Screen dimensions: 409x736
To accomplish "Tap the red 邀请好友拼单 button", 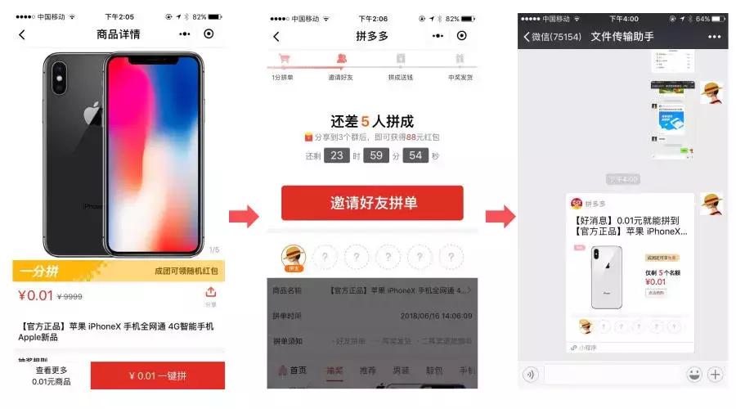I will point(372,203).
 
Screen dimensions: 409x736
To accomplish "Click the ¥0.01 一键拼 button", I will point(158,376).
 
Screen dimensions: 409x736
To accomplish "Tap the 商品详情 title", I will point(118,34).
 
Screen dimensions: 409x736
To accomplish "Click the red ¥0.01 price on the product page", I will point(35,295).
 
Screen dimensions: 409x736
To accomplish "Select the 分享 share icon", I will point(210,295).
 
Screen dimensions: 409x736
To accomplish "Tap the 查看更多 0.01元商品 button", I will point(51,376).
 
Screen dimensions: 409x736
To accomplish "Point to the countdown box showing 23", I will point(336,155).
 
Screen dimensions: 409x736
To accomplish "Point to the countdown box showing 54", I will point(415,155).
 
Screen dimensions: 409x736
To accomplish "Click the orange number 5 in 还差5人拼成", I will point(365,121).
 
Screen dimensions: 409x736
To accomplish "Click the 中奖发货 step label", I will point(460,77).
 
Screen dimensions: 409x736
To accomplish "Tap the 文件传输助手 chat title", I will point(625,37).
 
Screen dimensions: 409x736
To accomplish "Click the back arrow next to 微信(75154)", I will point(527,37).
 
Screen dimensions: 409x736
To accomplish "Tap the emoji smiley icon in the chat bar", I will point(693,375).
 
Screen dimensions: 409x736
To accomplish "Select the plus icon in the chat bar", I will point(716,375).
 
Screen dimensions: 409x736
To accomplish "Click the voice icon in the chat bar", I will point(531,375).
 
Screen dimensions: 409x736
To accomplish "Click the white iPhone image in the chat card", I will point(606,275).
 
